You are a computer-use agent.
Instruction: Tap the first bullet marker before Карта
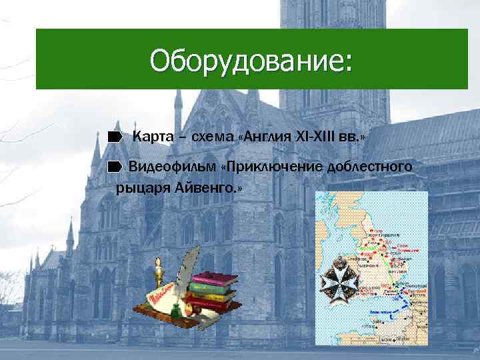pyautogui.click(x=115, y=137)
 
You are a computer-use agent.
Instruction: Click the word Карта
pyautogui.click(x=153, y=137)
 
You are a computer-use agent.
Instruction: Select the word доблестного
pyautogui.click(x=369, y=165)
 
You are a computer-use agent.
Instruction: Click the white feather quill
pyautogui.click(x=189, y=263)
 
